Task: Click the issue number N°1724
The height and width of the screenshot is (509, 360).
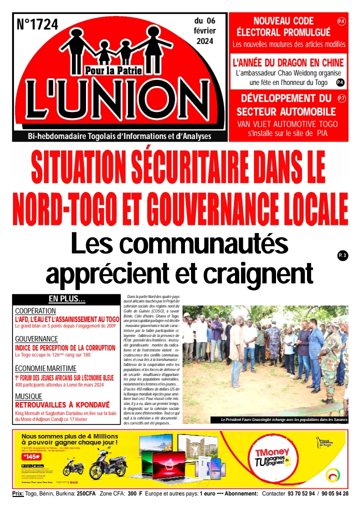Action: pyautogui.click(x=38, y=23)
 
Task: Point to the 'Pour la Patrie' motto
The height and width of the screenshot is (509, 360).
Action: pyautogui.click(x=113, y=70)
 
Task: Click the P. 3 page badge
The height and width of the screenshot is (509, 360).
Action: pyautogui.click(x=342, y=256)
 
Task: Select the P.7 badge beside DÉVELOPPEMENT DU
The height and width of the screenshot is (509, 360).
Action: pyautogui.click(x=342, y=98)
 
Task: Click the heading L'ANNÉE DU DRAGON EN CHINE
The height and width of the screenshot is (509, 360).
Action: pyautogui.click(x=288, y=63)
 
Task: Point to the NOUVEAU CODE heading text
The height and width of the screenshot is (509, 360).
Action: pyautogui.click(x=283, y=21)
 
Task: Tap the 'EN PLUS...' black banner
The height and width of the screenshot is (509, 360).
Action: pyautogui.click(x=66, y=299)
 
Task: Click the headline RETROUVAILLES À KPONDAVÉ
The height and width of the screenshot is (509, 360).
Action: pyautogui.click(x=65, y=404)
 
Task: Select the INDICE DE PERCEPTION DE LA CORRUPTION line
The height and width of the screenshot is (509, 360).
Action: pyautogui.click(x=65, y=347)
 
